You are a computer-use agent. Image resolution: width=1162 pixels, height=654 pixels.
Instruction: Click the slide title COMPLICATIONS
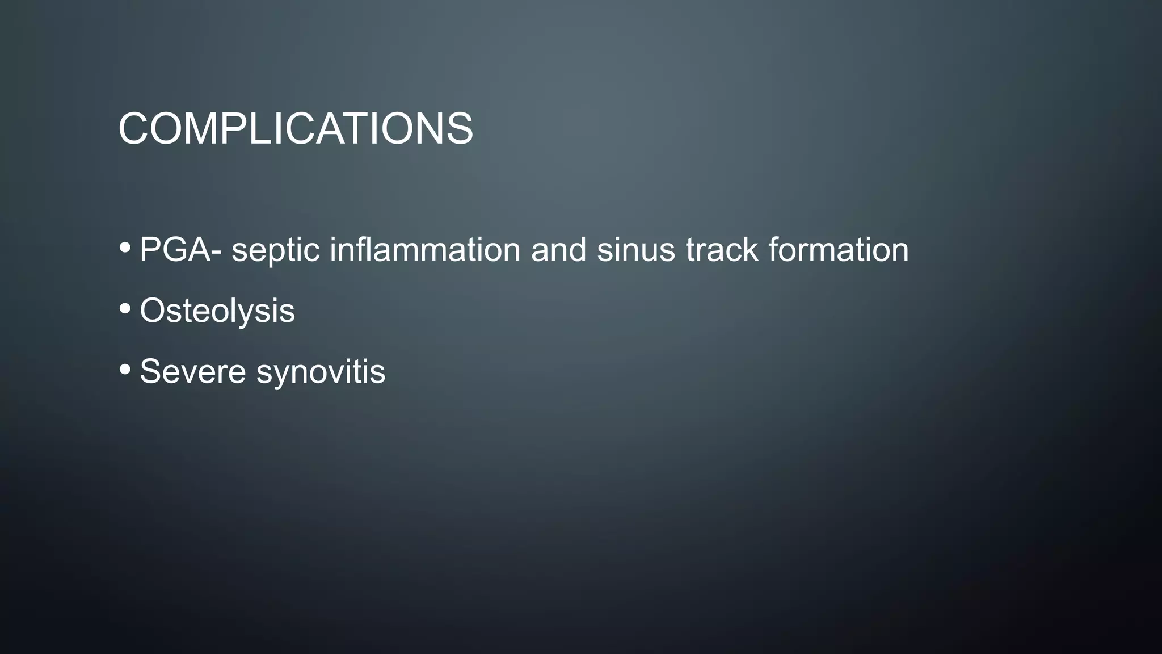coord(296,128)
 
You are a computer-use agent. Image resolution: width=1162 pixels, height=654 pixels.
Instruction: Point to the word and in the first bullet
coord(558,250)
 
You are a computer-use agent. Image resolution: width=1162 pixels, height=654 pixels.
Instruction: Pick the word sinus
coord(635,250)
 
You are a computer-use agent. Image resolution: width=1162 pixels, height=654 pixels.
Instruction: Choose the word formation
coord(838,250)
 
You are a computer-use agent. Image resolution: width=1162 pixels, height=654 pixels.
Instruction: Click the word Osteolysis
coord(217,311)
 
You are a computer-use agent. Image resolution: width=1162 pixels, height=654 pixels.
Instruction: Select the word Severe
coord(193,372)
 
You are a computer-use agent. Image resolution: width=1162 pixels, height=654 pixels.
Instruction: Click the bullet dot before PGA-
coord(125,248)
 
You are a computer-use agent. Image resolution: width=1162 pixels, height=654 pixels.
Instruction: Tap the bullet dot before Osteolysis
coord(125,309)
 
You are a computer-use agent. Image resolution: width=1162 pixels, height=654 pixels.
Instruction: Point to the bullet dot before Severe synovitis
coord(125,370)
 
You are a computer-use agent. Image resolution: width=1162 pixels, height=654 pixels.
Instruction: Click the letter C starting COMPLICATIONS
coord(134,128)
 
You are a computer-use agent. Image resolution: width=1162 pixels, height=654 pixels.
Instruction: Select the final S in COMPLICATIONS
coord(459,128)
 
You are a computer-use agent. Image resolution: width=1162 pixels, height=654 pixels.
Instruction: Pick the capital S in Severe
coord(152,372)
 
